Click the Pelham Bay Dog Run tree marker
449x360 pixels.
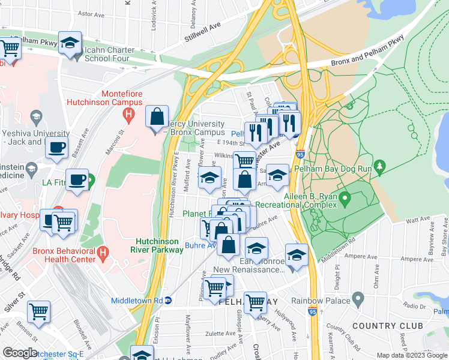[x=379, y=165]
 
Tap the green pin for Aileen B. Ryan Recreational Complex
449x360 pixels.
[x=345, y=197]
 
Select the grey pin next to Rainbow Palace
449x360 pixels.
[x=358, y=298]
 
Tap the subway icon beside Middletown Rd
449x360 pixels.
[x=169, y=301]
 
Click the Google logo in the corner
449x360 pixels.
[x=20, y=352]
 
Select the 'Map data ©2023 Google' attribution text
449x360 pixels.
[x=412, y=355]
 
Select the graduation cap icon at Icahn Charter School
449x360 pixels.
[x=70, y=43]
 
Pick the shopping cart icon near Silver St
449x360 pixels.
[x=39, y=312]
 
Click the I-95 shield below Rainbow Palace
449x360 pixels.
[x=312, y=312]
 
